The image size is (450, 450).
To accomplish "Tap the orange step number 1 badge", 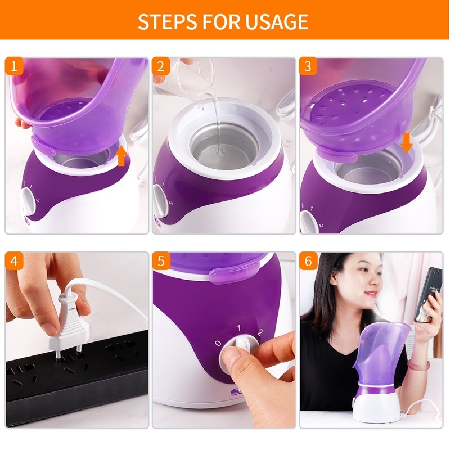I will (x=15, y=66).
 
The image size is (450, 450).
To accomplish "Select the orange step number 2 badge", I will (x=161, y=66).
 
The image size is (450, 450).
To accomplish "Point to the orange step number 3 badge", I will (x=308, y=66).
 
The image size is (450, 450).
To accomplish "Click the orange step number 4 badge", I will (x=15, y=261).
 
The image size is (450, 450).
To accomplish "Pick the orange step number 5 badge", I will (x=161, y=261).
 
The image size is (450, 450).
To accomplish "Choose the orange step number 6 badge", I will (x=308, y=261).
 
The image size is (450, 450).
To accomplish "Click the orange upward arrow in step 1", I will (x=121, y=155).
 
